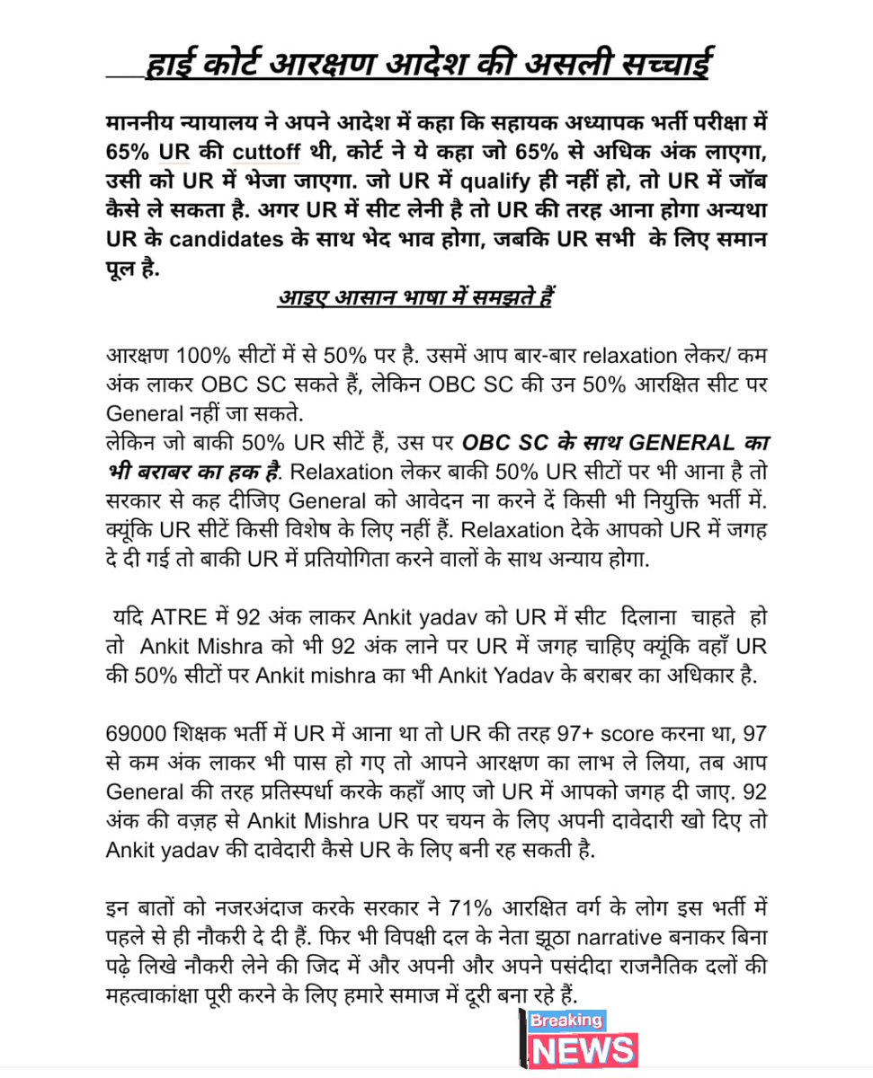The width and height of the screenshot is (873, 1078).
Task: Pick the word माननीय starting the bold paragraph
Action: pyautogui.click(x=144, y=120)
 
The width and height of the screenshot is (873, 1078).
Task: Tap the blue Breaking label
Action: pyautogui.click(x=566, y=1021)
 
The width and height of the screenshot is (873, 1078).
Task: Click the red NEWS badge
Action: pyautogui.click(x=584, y=1050)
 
